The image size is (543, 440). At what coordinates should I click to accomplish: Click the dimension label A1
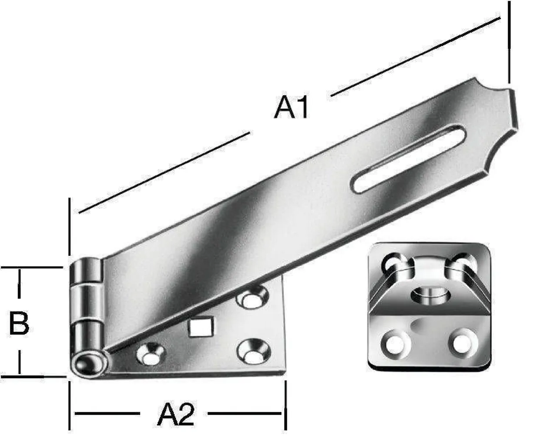coord(292,108)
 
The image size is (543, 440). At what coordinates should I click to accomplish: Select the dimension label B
coord(19,323)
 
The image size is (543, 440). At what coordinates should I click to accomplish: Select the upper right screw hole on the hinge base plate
coord(251,298)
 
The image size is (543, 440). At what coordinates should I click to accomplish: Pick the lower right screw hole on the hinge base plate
coord(252,352)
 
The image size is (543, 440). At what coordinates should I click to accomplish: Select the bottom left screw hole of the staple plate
coord(394,342)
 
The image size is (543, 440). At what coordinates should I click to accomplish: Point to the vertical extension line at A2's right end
coord(285,405)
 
